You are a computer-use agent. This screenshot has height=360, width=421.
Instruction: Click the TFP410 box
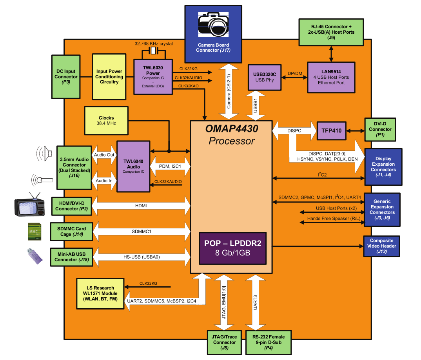tap(332, 130)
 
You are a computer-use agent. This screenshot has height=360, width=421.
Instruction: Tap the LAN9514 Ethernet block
tap(331, 77)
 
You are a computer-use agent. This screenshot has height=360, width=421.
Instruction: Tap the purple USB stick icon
tap(34, 257)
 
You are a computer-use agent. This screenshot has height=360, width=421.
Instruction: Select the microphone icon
tap(42, 180)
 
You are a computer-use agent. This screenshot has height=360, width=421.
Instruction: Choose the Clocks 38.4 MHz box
tap(106, 120)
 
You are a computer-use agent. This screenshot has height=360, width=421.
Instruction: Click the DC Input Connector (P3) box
tap(65, 77)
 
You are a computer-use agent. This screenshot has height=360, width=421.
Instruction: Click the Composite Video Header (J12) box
tap(382, 246)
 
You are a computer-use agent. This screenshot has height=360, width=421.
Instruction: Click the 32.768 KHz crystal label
tap(154, 43)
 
